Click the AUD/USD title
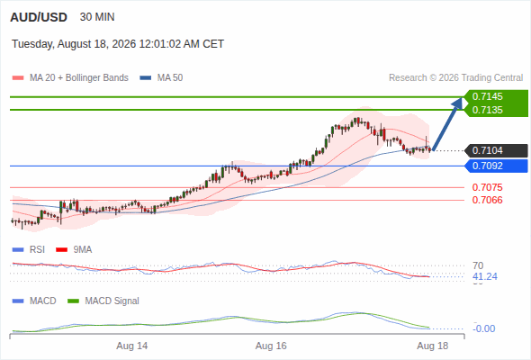pos(39,17)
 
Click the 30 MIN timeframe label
pos(97,17)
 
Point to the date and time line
pos(118,44)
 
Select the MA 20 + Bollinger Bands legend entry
pos(70,78)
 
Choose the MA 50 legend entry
pos(161,78)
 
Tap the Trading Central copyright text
pos(455,78)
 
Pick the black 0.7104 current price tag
pos(496,150)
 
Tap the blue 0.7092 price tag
pos(496,166)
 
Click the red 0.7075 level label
pos(487,187)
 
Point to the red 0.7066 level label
pos(487,200)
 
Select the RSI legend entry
pos(29,250)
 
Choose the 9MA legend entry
pos(74,250)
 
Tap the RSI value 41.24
pos(485,276)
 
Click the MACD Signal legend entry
pos(103,301)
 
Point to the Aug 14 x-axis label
pos(132,346)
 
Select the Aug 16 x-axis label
pos(271,346)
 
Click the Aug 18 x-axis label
pos(433,346)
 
